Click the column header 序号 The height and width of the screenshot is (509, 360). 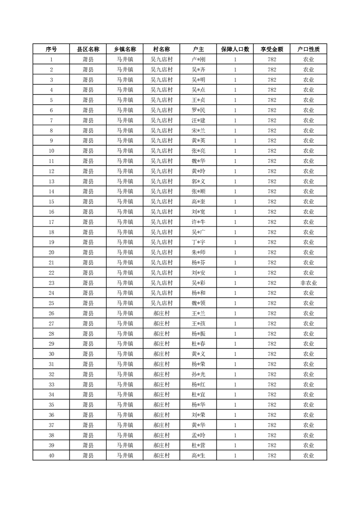click(51, 49)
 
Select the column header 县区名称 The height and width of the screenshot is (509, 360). click(88, 49)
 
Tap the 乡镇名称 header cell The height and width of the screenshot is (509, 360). click(125, 49)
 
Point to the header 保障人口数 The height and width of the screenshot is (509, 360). click(235, 49)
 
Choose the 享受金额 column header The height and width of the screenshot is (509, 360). click(272, 49)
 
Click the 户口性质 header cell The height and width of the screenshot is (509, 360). click(309, 49)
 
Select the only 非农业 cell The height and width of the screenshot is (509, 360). click(309, 283)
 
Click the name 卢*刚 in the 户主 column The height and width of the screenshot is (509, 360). click(198, 59)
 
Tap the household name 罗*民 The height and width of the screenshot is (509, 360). click(198, 110)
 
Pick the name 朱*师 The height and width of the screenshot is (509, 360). click(198, 253)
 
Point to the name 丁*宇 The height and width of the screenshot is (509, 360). click(198, 242)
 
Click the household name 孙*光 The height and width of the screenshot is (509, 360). click(198, 374)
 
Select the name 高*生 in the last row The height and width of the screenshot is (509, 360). click(198, 455)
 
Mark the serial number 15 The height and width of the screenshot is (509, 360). click(51, 202)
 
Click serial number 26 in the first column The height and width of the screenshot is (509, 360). click(51, 313)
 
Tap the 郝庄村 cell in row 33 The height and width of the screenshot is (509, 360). click(162, 385)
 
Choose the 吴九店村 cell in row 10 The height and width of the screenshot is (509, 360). click(162, 151)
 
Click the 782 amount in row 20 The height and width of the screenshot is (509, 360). click(272, 253)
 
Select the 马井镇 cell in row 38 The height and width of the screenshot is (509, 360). click(125, 436)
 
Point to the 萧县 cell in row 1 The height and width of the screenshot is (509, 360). click(88, 59)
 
